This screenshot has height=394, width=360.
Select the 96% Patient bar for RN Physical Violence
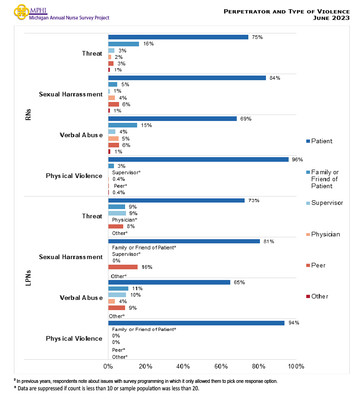pos(198,159)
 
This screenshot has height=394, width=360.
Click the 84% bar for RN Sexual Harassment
pos(187,78)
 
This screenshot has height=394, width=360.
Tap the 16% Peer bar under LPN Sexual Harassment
pos(123,267)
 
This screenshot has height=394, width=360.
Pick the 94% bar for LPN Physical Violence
pos(196,323)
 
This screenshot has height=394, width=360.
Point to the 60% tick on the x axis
pos(221,366)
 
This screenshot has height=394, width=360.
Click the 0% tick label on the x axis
pos(108,366)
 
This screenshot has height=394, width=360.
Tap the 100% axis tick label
pos(296,366)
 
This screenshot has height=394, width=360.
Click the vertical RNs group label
pos(28,114)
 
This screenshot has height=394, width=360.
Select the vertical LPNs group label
pos(28,277)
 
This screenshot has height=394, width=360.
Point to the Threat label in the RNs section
pos(92,53)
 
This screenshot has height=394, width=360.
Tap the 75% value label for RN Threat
pos(257,37)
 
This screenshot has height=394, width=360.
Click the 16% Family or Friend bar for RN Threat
pos(123,44)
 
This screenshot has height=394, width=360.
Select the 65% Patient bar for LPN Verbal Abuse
pos(169,282)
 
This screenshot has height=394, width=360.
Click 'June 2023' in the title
pos(331,18)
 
